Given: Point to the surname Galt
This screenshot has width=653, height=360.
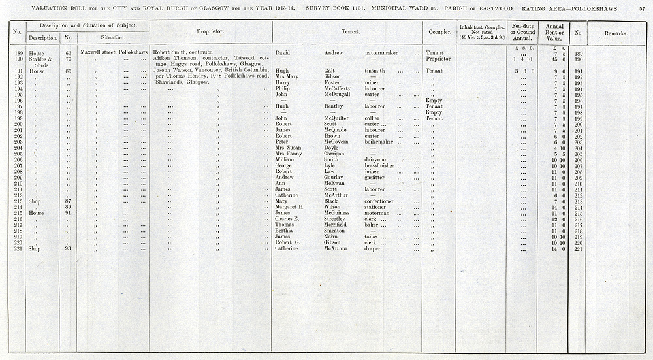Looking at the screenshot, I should (x=330, y=71).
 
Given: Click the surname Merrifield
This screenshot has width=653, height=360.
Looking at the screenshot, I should (x=338, y=225).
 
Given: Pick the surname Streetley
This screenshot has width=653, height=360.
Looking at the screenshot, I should (x=336, y=219).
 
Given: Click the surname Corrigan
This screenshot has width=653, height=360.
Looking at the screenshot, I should (x=335, y=154).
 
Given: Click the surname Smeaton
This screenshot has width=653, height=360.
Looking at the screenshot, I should (x=335, y=231).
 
